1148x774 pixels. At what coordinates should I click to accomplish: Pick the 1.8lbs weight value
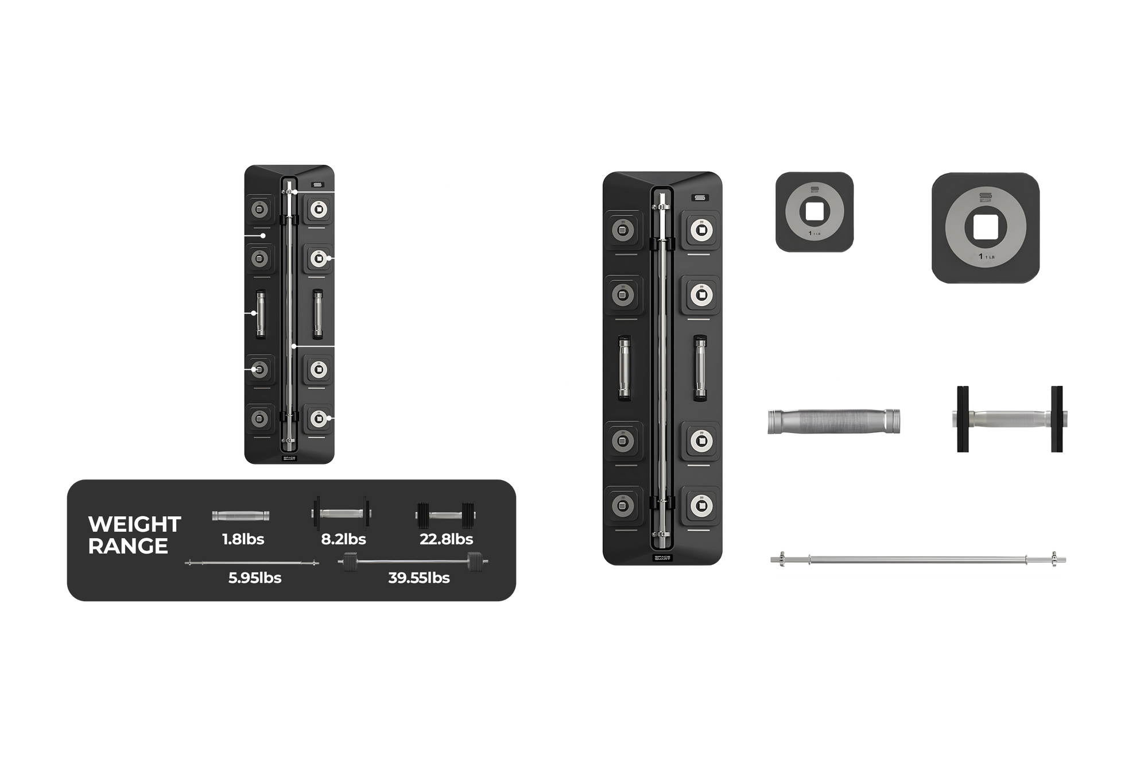[x=243, y=539]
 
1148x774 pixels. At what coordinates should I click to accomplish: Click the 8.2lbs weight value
[x=343, y=539]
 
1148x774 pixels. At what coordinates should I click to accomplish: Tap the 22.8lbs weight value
[x=446, y=539]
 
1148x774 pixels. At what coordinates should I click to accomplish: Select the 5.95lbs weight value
[x=255, y=578]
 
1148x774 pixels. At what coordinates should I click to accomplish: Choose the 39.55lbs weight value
[x=419, y=578]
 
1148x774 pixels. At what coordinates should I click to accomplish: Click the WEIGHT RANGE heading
[x=135, y=535]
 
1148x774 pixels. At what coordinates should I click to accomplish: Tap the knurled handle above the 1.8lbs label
[x=241, y=516]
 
